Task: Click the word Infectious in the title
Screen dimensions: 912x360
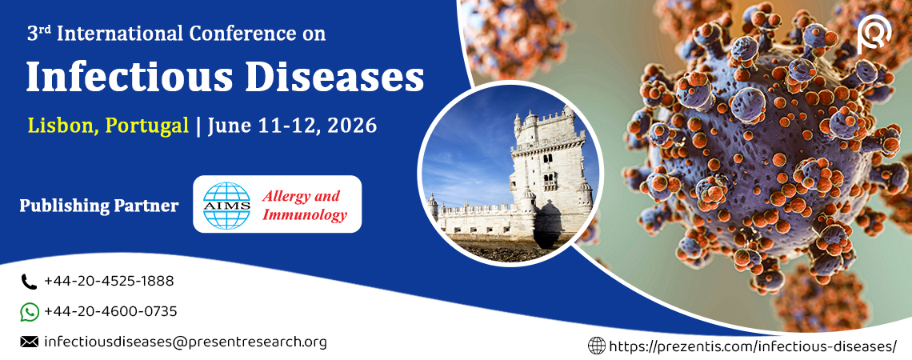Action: [x=126, y=78]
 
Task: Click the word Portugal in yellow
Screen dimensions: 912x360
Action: [x=146, y=126]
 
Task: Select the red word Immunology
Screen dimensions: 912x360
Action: [x=304, y=215]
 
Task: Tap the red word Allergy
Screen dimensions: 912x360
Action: [x=285, y=196]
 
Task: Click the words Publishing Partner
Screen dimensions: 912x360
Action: [x=99, y=206]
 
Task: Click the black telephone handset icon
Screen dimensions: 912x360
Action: [x=29, y=282]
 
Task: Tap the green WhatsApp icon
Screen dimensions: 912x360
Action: [x=29, y=312]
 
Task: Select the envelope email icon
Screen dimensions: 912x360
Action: [x=29, y=342]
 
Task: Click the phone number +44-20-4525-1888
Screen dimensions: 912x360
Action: [x=109, y=282]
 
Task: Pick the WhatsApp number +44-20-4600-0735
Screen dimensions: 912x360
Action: [x=110, y=312]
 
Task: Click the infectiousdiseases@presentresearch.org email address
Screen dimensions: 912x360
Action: [x=186, y=342]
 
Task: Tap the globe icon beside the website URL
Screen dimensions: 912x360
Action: [x=597, y=346]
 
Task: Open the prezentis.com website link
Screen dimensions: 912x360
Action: [x=753, y=346]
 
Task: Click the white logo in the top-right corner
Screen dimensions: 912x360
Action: [x=874, y=35]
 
